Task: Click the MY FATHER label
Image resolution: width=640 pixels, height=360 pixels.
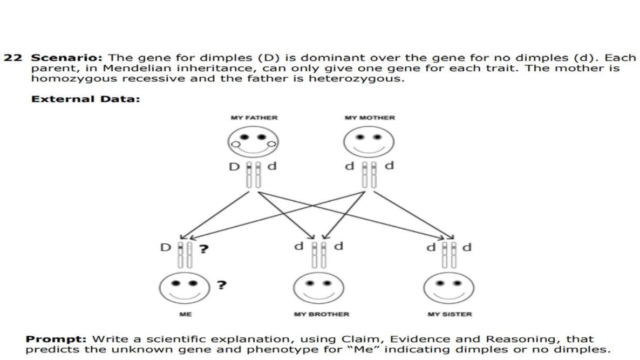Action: click(x=254, y=118)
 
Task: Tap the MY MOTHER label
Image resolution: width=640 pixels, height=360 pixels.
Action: click(x=370, y=118)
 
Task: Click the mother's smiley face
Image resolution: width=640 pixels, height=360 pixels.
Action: click(x=369, y=142)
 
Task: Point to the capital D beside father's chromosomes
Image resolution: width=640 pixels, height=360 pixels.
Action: click(x=234, y=167)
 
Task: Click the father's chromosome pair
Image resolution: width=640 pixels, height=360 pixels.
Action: click(x=253, y=174)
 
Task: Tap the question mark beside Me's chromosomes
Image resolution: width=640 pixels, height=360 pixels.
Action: click(x=204, y=249)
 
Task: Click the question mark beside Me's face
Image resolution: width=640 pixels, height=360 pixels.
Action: click(x=221, y=284)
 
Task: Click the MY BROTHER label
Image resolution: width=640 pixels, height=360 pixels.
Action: click(x=321, y=314)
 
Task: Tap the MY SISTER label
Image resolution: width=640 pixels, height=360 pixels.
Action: click(x=450, y=314)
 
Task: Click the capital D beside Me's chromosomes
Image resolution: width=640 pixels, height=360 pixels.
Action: click(x=165, y=248)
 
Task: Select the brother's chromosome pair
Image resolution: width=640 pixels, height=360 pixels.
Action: click(x=318, y=254)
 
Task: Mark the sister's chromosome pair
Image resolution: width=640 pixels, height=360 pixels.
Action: click(x=449, y=254)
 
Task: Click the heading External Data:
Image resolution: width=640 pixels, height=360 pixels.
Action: click(x=85, y=99)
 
